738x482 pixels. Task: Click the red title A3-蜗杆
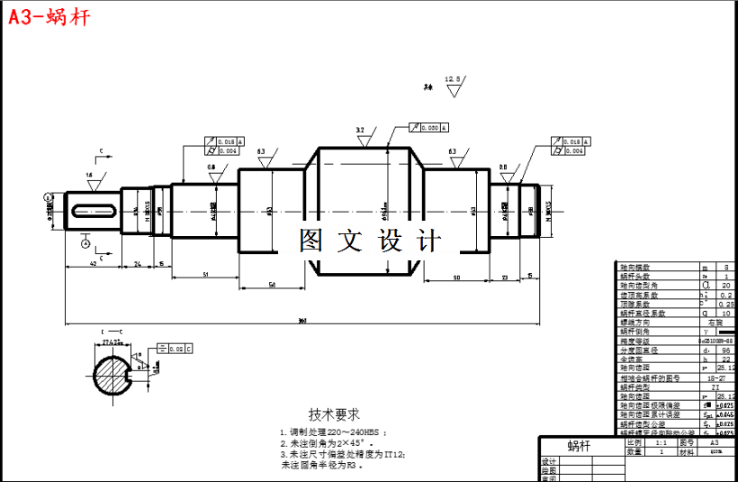click(x=49, y=17)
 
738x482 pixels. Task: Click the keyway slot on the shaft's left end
click(x=93, y=211)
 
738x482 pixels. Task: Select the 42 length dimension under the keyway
click(x=94, y=264)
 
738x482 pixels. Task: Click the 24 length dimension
click(x=138, y=264)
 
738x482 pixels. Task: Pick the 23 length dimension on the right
click(x=504, y=276)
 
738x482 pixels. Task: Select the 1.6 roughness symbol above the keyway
click(x=89, y=179)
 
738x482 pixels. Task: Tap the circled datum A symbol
click(x=85, y=242)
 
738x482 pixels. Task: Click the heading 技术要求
click(x=334, y=414)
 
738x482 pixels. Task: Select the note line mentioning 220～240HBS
click(x=333, y=432)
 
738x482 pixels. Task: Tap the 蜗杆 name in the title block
click(x=580, y=446)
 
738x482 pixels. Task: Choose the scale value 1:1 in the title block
click(x=661, y=443)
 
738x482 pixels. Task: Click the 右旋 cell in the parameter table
click(x=716, y=322)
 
